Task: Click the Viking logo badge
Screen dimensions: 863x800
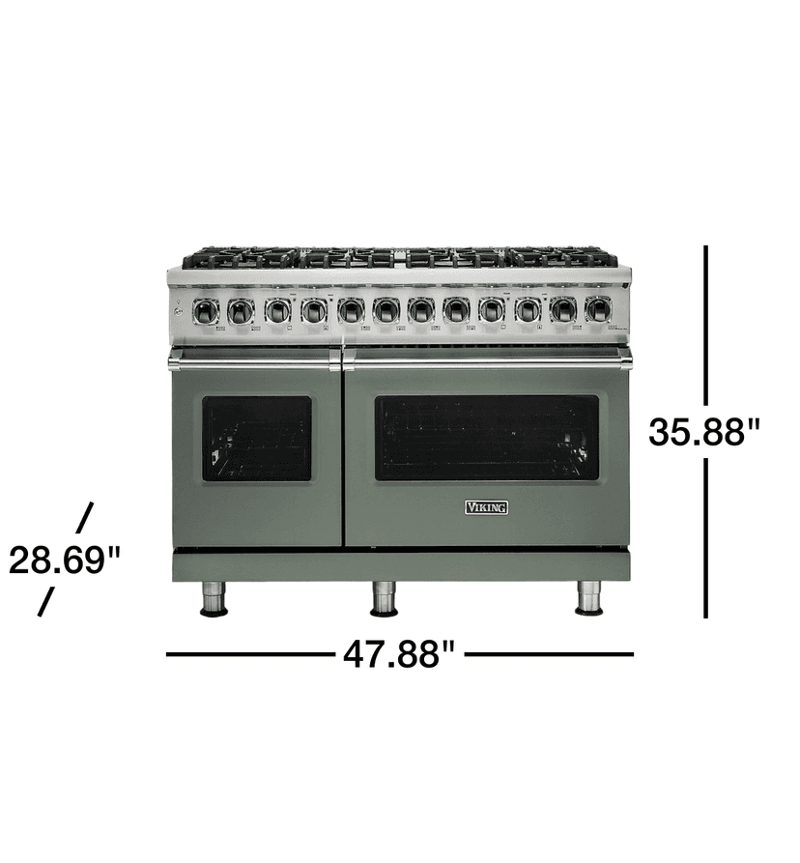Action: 487,507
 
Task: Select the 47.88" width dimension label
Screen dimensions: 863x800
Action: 398,654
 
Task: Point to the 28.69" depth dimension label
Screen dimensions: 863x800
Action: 65,560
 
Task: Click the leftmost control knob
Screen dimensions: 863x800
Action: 205,310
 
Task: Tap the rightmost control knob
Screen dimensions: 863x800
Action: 598,310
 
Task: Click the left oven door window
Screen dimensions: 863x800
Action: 257,438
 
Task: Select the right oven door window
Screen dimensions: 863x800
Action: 486,438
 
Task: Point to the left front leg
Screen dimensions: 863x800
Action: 214,598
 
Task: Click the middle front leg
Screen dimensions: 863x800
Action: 385,598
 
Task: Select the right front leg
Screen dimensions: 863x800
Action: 588,598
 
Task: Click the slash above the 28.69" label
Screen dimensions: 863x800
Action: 84,516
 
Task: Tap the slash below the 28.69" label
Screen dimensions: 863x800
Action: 45,602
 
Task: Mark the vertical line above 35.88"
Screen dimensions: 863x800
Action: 706,324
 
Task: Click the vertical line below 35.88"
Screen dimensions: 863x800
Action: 706,537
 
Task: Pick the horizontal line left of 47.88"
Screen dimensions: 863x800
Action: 248,654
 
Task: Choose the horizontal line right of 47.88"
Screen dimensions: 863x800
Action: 550,654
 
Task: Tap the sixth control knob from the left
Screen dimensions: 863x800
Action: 386,310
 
